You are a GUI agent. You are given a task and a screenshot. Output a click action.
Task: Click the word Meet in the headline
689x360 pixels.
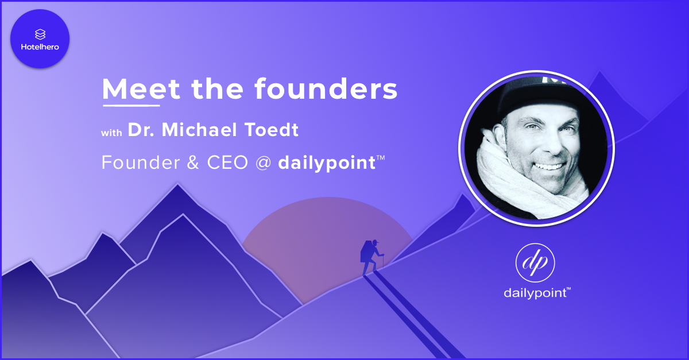click(141, 88)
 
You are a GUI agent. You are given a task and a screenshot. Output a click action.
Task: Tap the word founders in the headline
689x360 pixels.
click(326, 88)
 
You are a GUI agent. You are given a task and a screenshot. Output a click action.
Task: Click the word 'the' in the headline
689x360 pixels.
click(217, 88)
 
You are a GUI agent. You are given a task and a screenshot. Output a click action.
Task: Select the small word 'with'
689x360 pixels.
click(111, 133)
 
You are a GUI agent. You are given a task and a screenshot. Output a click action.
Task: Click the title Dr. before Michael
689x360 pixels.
click(141, 130)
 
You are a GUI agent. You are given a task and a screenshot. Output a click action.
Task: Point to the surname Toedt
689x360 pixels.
click(267, 130)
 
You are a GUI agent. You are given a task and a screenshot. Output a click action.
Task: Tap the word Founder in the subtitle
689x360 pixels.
click(141, 162)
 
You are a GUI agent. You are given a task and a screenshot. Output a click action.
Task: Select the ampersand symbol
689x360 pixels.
click(193, 162)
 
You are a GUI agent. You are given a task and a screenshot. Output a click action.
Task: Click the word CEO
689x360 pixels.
click(227, 162)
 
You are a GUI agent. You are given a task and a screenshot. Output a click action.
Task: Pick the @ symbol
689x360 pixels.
click(264, 163)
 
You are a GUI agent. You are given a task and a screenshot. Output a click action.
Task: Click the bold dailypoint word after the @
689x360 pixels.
click(327, 163)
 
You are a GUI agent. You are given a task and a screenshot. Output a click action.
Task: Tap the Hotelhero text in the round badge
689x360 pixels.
click(40, 47)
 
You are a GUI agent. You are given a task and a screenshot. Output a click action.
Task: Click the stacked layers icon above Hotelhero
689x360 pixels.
click(40, 34)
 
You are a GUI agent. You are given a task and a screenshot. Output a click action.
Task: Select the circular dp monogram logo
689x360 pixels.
click(535, 262)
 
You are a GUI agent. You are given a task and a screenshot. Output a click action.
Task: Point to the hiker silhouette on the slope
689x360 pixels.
click(371, 257)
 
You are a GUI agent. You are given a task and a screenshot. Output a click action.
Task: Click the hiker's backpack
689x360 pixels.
click(366, 251)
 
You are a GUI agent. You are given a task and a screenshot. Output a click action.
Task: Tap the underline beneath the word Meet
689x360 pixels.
click(131, 106)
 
